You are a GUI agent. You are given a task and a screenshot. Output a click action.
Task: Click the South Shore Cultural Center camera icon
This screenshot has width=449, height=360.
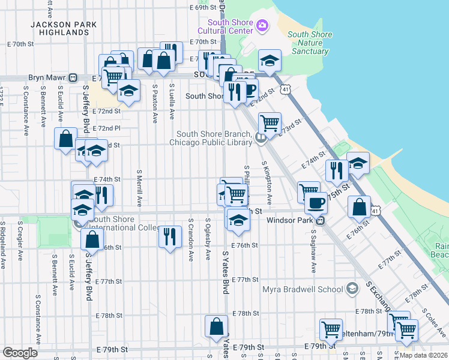(262, 26)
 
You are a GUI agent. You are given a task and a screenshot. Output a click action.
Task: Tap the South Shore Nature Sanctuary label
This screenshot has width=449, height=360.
(310, 43)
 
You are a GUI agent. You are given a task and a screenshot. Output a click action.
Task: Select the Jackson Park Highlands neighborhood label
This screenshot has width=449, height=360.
(63, 29)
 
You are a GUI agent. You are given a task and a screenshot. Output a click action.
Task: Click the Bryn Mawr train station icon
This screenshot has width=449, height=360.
(73, 78)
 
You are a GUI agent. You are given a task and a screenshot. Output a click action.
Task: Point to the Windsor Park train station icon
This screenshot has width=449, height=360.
(321, 221)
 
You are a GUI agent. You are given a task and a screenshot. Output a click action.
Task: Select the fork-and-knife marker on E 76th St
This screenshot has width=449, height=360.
(170, 236)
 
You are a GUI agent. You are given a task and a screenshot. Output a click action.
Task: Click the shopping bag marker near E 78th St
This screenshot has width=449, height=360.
(216, 326)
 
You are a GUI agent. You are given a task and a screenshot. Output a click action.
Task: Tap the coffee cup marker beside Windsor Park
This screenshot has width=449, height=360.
(316, 202)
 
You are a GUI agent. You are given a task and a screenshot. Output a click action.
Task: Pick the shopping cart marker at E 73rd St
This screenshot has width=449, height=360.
(270, 123)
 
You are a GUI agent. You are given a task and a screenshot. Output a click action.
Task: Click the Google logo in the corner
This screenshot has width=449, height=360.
(20, 353)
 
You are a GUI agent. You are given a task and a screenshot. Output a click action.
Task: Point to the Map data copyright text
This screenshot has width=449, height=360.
(423, 355)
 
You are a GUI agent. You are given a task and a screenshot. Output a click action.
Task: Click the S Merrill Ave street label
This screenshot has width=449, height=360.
(139, 189)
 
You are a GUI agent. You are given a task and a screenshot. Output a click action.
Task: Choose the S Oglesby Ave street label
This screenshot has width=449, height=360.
(208, 238)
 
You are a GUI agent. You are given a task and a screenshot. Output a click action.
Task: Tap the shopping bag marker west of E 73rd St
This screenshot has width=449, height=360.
(65, 138)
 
